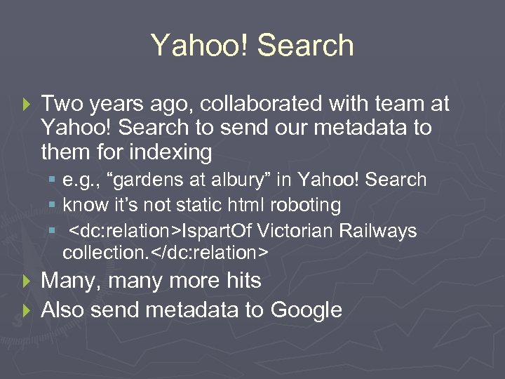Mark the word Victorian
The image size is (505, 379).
(295, 231)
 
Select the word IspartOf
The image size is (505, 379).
(214, 231)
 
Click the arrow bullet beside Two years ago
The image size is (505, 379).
(27, 105)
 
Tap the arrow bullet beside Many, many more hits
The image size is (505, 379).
(27, 281)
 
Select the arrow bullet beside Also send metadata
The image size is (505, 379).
(27, 310)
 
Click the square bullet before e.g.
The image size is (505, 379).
(53, 181)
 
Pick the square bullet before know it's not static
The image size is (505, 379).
(53, 206)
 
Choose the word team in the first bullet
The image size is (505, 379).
(399, 105)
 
